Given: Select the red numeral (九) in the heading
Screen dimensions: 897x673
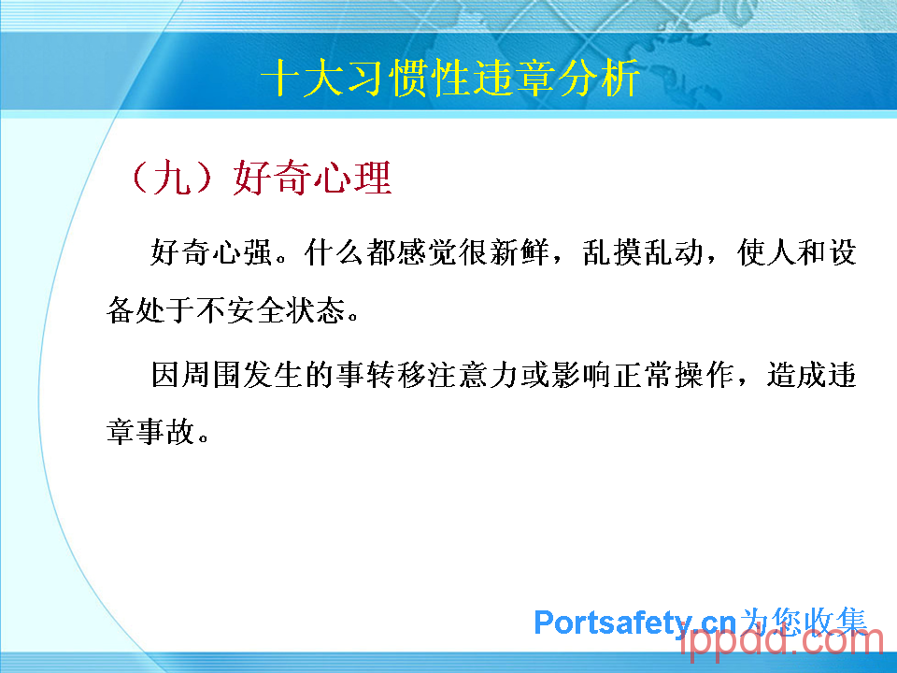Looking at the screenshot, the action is (x=173, y=178).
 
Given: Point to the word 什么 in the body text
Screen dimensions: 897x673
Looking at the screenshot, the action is (x=335, y=252).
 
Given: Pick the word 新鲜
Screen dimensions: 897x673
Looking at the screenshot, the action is (x=520, y=252).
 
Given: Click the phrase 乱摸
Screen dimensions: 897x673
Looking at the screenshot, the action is (x=612, y=252).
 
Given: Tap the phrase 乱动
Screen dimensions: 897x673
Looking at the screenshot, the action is (x=674, y=252).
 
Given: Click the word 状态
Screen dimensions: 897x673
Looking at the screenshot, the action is (x=317, y=310).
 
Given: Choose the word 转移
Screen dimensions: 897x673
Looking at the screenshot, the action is (x=396, y=375).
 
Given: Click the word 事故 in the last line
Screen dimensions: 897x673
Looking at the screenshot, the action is (x=166, y=432).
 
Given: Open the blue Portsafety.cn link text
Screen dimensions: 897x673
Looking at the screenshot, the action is (x=634, y=623).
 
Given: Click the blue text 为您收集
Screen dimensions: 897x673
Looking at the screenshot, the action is (x=804, y=622).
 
